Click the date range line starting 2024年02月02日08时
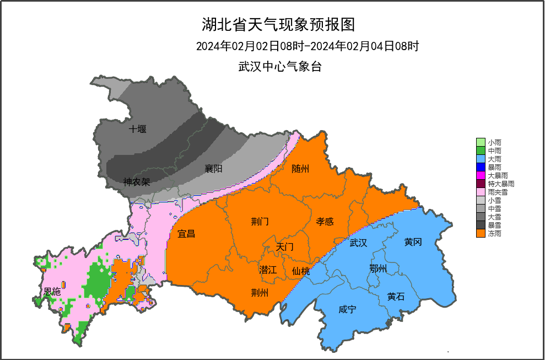click(x=307, y=46)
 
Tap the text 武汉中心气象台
click(x=279, y=67)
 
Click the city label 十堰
click(x=137, y=130)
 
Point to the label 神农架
click(x=137, y=181)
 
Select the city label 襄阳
click(x=213, y=169)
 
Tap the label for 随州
click(x=300, y=169)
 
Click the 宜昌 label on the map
click(x=186, y=234)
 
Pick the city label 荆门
click(x=260, y=222)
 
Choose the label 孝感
click(x=325, y=222)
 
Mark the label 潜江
click(x=268, y=270)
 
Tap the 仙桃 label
click(x=301, y=271)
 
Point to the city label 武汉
click(x=358, y=243)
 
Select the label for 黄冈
click(x=413, y=241)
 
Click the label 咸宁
click(x=347, y=310)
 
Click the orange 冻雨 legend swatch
click(x=481, y=234)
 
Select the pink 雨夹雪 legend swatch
click(x=481, y=192)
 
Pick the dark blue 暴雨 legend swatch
click(x=481, y=166)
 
